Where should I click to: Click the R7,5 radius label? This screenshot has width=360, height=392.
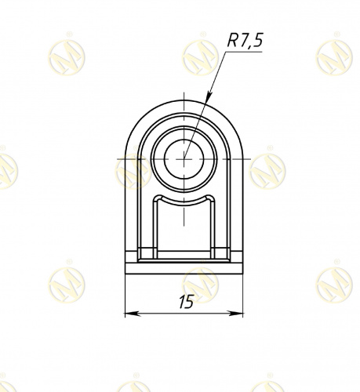click(245, 41)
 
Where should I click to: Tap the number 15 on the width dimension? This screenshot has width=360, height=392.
click(187, 302)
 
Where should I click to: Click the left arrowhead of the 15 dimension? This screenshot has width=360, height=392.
click(133, 314)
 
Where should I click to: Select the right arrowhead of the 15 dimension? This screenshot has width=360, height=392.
click(235, 314)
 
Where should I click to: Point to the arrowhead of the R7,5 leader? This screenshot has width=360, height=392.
click(209, 98)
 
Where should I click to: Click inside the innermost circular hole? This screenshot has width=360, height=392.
click(184, 159)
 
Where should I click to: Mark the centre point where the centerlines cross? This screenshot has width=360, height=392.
click(184, 159)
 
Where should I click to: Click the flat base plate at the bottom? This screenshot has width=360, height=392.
click(184, 268)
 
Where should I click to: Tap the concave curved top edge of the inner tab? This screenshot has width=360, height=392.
click(184, 203)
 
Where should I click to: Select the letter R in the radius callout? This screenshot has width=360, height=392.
click(232, 41)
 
